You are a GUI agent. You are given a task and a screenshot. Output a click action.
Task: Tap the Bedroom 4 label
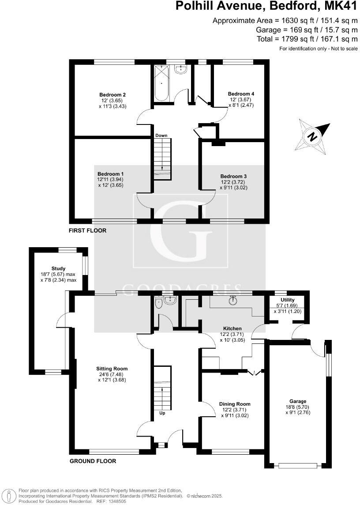pyautogui.click(x=241, y=94)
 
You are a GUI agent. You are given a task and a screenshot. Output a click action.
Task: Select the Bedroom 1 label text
pyautogui.click(x=110, y=174)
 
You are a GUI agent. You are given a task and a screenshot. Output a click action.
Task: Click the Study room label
pyautogui.click(x=58, y=268)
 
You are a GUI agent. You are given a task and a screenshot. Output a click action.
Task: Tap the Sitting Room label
pyautogui.click(x=112, y=369)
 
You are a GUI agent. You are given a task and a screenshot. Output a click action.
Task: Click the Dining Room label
pyautogui.click(x=235, y=404)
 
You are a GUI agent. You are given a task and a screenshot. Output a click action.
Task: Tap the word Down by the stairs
pyautogui.click(x=161, y=136)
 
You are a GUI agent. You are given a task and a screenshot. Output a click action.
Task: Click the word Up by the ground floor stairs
pyautogui.click(x=162, y=414)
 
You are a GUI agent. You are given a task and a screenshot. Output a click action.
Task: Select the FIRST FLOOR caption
pyautogui.click(x=87, y=230)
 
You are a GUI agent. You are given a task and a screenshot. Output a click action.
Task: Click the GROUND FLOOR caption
pyautogui.click(x=93, y=461)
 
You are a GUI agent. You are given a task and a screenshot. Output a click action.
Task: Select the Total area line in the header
pyautogui.click(x=307, y=39)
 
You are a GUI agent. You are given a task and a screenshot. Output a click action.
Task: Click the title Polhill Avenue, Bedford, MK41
pyautogui.click(x=266, y=6)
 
